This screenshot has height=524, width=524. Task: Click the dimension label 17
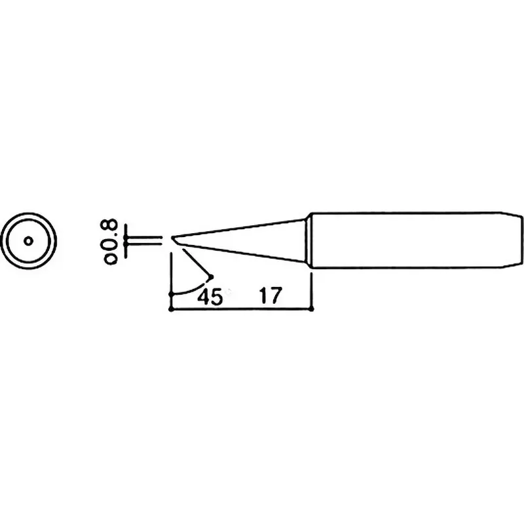tap(271, 295)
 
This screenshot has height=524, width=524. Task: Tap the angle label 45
tap(210, 297)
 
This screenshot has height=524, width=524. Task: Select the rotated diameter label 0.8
tap(111, 242)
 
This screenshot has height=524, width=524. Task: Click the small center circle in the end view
tap(29, 240)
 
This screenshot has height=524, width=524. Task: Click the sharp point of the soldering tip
tap(172, 237)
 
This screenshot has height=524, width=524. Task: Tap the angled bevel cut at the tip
tap(177, 242)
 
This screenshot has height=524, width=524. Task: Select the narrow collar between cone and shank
tap(308, 240)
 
